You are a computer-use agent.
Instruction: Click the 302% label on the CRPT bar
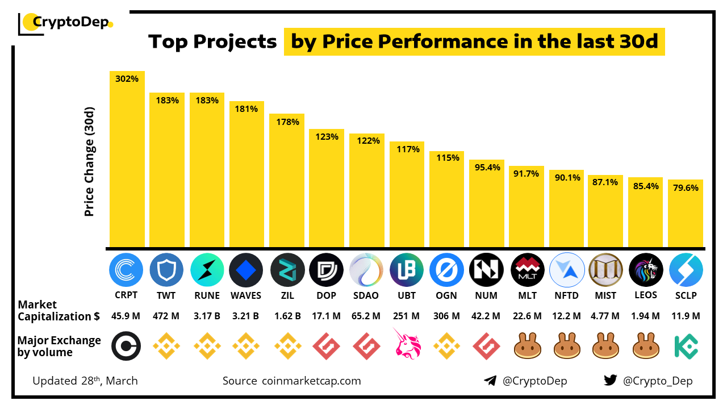[127, 79]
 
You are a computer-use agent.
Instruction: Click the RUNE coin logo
[207, 270]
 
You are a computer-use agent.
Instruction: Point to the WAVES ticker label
[246, 295]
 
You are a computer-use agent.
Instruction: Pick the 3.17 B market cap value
[207, 316]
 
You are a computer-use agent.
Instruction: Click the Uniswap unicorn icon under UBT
[407, 344]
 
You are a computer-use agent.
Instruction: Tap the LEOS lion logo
[646, 270]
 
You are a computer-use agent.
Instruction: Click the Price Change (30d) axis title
[89, 161]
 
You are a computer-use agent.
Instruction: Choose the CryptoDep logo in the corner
[66, 23]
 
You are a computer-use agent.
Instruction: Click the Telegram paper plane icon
[490, 381]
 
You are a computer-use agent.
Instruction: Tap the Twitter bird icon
[611, 381]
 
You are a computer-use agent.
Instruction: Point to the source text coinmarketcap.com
[311, 381]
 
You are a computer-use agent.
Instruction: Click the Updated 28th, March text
[85, 381]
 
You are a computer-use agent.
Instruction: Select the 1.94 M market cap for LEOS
[645, 316]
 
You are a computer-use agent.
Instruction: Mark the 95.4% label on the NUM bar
[487, 167]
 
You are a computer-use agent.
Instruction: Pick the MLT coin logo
[527, 270]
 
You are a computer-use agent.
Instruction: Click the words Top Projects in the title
[212, 41]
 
